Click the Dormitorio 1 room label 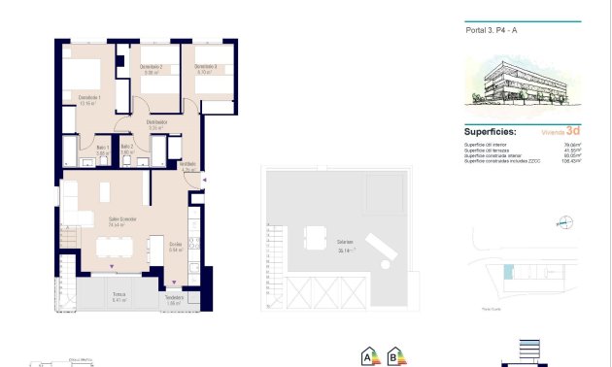[x=90, y=97]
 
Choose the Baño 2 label [x=127, y=147]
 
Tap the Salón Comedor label [x=121, y=219]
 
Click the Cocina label [x=176, y=244]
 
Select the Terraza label [x=119, y=294]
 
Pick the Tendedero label [x=175, y=297]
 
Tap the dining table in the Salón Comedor [x=121, y=244]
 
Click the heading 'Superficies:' [x=491, y=131]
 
